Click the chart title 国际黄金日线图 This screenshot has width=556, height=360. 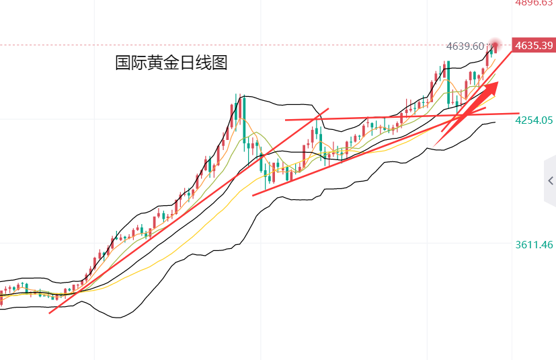[171, 63]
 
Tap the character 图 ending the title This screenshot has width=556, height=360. [220, 63]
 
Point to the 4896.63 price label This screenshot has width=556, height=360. [534, 3]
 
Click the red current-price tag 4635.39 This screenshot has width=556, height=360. [534, 46]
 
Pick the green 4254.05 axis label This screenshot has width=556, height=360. [534, 120]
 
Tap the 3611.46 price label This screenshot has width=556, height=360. [534, 245]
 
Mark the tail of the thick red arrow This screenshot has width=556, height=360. [436, 145]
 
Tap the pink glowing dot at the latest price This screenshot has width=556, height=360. [496, 44]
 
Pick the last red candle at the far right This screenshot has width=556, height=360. [495, 47]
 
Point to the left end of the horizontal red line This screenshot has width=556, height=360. [286, 120]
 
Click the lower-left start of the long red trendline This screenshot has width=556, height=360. [50, 312]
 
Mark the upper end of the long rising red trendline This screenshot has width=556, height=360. [328, 108]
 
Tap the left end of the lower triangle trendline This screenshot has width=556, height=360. [253, 195]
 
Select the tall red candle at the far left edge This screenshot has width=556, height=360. [1, 297]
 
